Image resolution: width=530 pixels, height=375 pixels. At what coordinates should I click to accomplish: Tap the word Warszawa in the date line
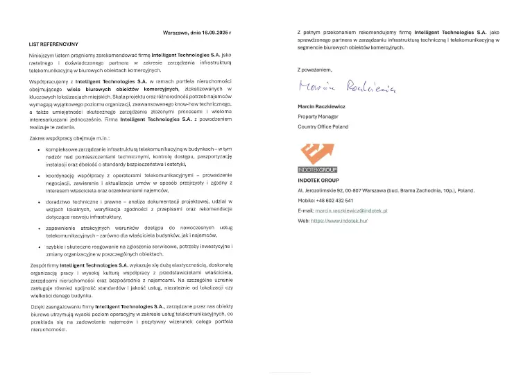(x=176, y=33)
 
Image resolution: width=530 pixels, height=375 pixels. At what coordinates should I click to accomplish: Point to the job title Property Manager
(x=322, y=117)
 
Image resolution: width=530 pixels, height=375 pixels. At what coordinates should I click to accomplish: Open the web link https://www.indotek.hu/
(x=340, y=220)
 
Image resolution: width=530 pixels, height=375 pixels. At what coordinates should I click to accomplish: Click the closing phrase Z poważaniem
(x=314, y=70)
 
